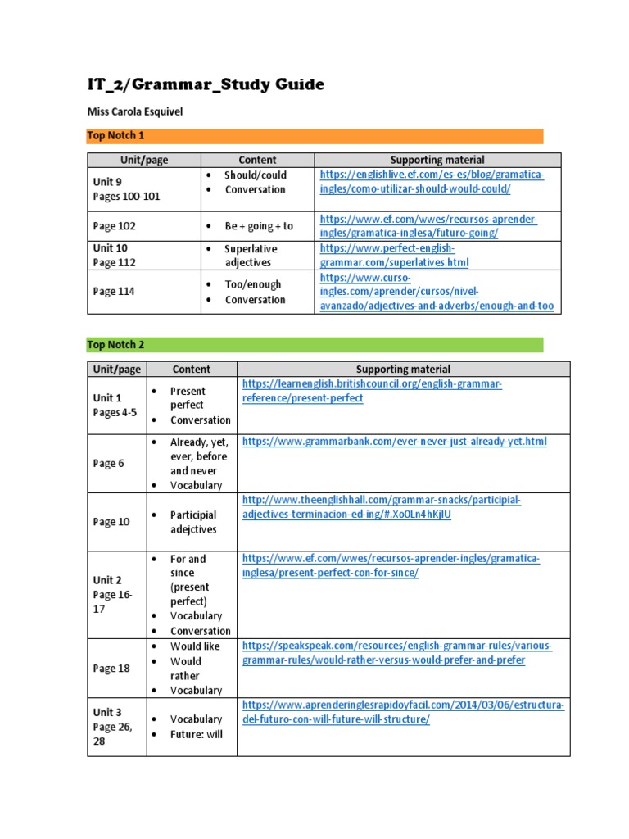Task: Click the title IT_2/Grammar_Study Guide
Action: point(206,84)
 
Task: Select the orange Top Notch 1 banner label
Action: point(115,135)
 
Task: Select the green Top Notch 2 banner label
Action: point(115,345)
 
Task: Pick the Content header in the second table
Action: point(192,370)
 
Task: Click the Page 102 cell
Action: point(115,226)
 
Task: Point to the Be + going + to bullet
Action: point(258,226)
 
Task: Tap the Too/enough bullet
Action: point(252,284)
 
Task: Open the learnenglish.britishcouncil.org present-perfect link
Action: point(372,391)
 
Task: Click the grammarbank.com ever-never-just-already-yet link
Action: point(394,442)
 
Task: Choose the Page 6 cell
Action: point(109,463)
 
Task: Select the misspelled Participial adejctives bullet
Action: point(193,522)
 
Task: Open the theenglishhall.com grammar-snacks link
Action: point(381,507)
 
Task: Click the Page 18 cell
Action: point(111,669)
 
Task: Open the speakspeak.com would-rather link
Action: point(397,653)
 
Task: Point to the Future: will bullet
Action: point(196,734)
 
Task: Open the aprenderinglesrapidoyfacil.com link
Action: point(404,712)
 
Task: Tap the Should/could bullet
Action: point(255,175)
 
